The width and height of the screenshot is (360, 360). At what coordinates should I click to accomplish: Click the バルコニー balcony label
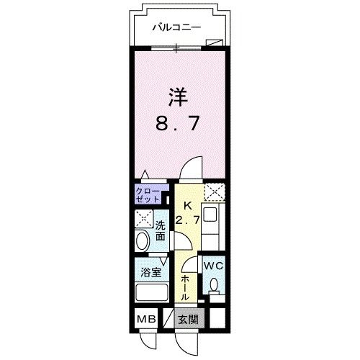pyautogui.click(x=176, y=29)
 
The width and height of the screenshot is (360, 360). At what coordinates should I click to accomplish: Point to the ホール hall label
pyautogui.click(x=185, y=286)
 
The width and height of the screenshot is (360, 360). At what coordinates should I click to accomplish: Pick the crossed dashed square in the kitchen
pyautogui.click(x=212, y=192)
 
